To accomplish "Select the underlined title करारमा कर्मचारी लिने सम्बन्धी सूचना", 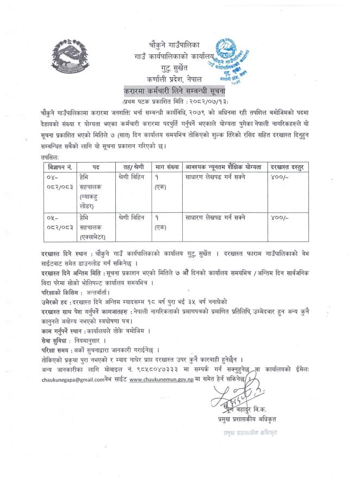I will point(177,90).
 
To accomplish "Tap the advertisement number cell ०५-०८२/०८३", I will point(61,223).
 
